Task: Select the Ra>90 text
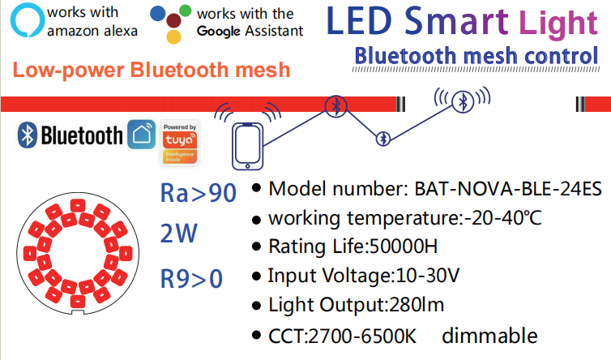(x=199, y=194)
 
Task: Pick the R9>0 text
(x=191, y=278)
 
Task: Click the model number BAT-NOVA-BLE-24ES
(x=508, y=189)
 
